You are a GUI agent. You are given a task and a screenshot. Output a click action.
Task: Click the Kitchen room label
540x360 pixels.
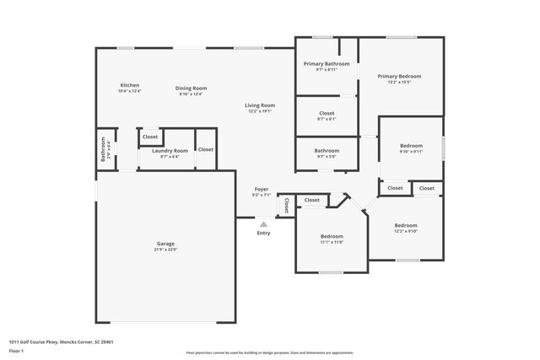[x=129, y=85]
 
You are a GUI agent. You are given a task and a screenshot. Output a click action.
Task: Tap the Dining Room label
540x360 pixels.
[x=191, y=88]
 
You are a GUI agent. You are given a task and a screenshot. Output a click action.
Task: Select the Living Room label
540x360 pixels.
[x=260, y=105]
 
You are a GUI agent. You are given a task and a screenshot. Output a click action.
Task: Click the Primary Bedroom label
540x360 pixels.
[x=398, y=76]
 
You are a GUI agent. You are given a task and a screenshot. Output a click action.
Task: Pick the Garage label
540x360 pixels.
[x=165, y=244]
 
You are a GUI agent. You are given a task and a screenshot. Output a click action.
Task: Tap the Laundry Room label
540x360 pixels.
[x=170, y=150]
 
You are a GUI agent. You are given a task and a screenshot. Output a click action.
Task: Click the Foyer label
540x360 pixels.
[x=262, y=189]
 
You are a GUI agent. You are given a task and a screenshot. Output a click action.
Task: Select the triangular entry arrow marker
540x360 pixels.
[x=263, y=224]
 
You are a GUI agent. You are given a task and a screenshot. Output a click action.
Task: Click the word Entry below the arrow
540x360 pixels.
[x=263, y=233]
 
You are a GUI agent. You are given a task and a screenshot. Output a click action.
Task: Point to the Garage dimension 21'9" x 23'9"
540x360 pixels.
[x=165, y=250]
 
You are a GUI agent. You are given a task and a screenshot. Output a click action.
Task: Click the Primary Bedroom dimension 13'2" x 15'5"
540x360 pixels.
[x=398, y=82]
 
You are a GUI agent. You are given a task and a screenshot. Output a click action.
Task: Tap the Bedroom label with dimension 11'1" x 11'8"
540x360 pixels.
[x=332, y=236]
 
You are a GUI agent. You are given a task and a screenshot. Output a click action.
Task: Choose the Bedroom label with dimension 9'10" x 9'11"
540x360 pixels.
[x=411, y=146]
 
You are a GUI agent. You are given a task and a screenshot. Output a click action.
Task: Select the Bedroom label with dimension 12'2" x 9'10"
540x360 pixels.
[x=406, y=225]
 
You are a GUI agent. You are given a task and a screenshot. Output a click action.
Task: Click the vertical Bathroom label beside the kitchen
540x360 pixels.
[x=103, y=149]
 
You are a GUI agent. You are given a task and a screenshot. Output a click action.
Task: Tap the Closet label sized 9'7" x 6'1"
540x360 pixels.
[x=327, y=113]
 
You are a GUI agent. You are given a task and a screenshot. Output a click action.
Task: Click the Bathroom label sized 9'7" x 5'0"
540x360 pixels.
[x=327, y=150]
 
